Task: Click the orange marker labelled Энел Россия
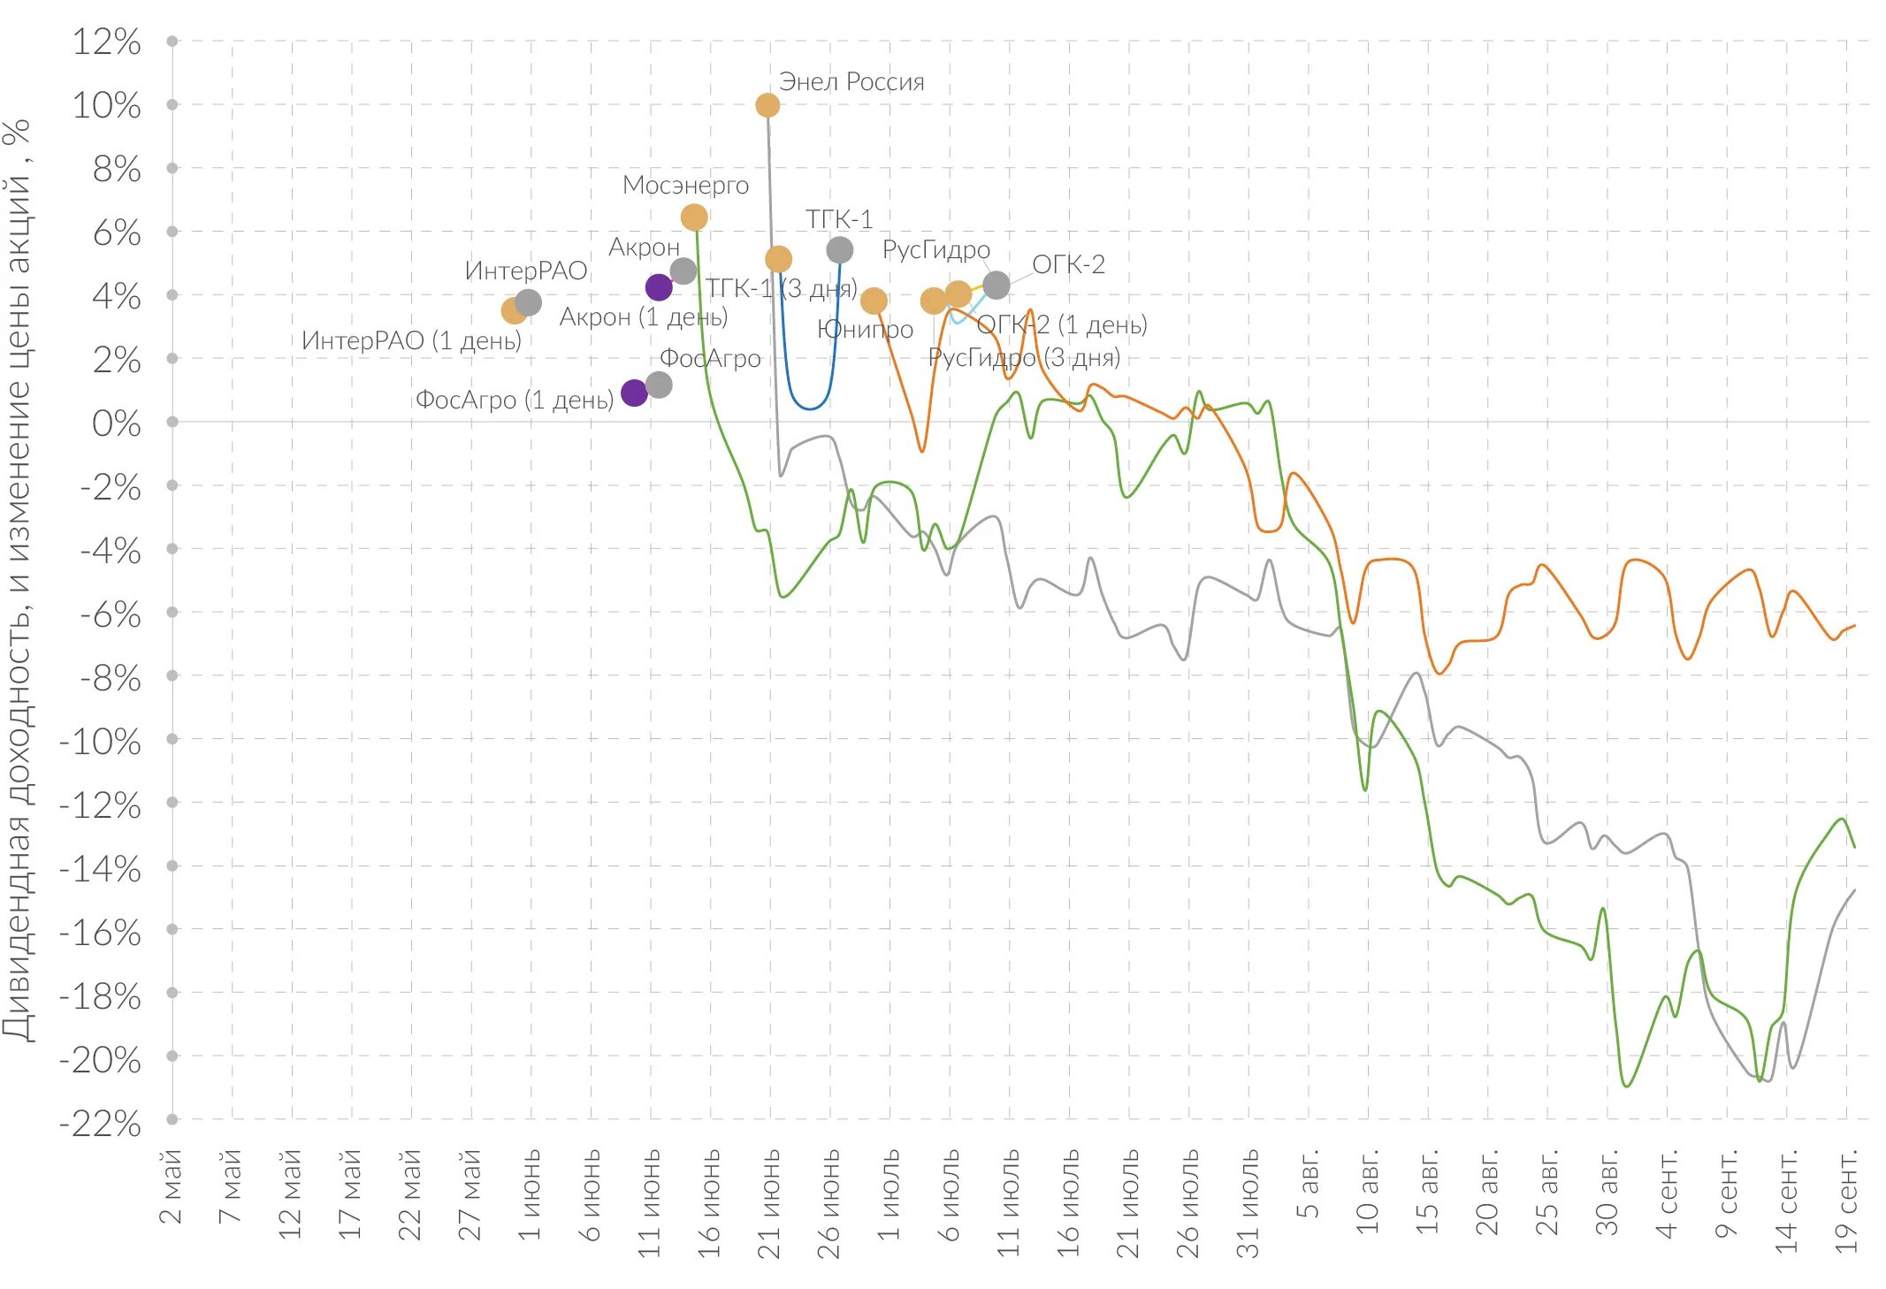767,105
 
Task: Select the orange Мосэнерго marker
694,217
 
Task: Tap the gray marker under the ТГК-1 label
839,250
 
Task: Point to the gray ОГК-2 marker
996,285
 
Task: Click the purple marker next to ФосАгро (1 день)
634,393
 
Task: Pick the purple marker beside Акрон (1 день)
659,286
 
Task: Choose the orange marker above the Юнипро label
874,301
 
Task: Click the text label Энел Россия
851,82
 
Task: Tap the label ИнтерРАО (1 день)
411,340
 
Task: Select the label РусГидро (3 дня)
1024,357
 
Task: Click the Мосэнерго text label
685,186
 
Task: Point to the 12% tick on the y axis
106,42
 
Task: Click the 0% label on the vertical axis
116,423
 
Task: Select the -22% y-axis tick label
100,1124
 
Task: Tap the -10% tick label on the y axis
100,742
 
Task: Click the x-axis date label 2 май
171,1186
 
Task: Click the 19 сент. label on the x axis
1846,1200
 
